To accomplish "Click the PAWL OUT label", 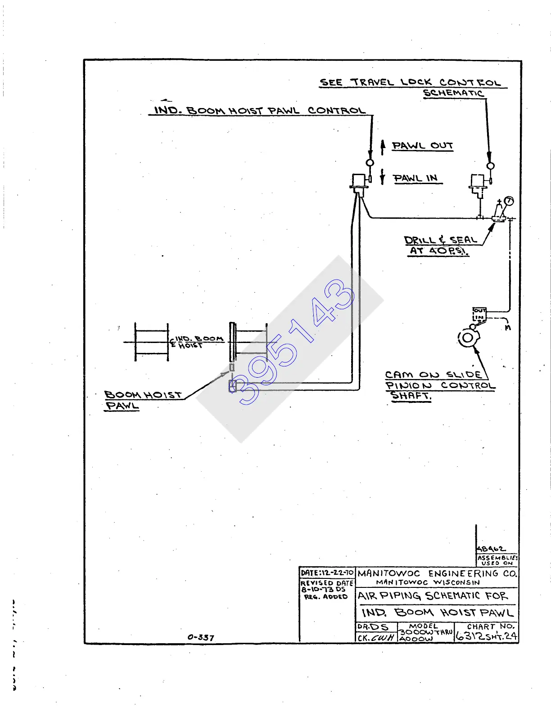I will [x=422, y=145].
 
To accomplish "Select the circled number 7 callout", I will [x=509, y=201].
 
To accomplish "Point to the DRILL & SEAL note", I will [x=440, y=245].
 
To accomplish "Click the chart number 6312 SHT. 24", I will [x=486, y=636].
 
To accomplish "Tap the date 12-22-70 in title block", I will [x=327, y=573].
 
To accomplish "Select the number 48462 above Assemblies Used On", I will [x=491, y=549].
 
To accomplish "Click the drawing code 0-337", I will [x=201, y=637].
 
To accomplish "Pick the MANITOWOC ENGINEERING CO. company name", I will [x=437, y=573].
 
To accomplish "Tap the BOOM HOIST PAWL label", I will [x=143, y=400].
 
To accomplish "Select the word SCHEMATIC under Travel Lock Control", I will [x=453, y=93].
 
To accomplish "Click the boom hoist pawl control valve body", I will [x=359, y=181].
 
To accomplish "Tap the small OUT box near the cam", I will [x=479, y=311].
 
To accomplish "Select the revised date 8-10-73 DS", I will [x=323, y=589].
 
